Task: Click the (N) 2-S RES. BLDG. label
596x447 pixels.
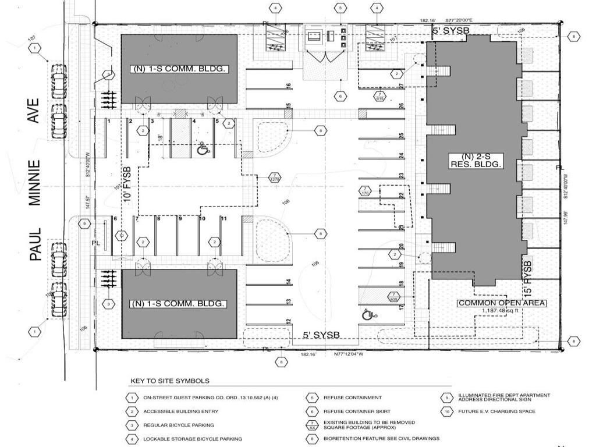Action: [x=476, y=161]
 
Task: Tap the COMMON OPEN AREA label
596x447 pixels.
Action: [x=502, y=303]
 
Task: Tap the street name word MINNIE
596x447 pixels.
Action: [x=34, y=182]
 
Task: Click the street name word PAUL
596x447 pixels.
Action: [x=34, y=244]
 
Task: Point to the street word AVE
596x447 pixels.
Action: [x=34, y=111]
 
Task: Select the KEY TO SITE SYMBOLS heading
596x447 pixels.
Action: [x=169, y=381]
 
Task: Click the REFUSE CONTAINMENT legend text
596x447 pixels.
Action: [x=353, y=398]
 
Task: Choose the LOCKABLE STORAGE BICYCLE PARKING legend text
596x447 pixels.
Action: [x=193, y=439]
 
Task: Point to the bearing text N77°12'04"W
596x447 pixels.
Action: [x=348, y=354]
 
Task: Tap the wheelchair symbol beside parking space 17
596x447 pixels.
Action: [x=368, y=315]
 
